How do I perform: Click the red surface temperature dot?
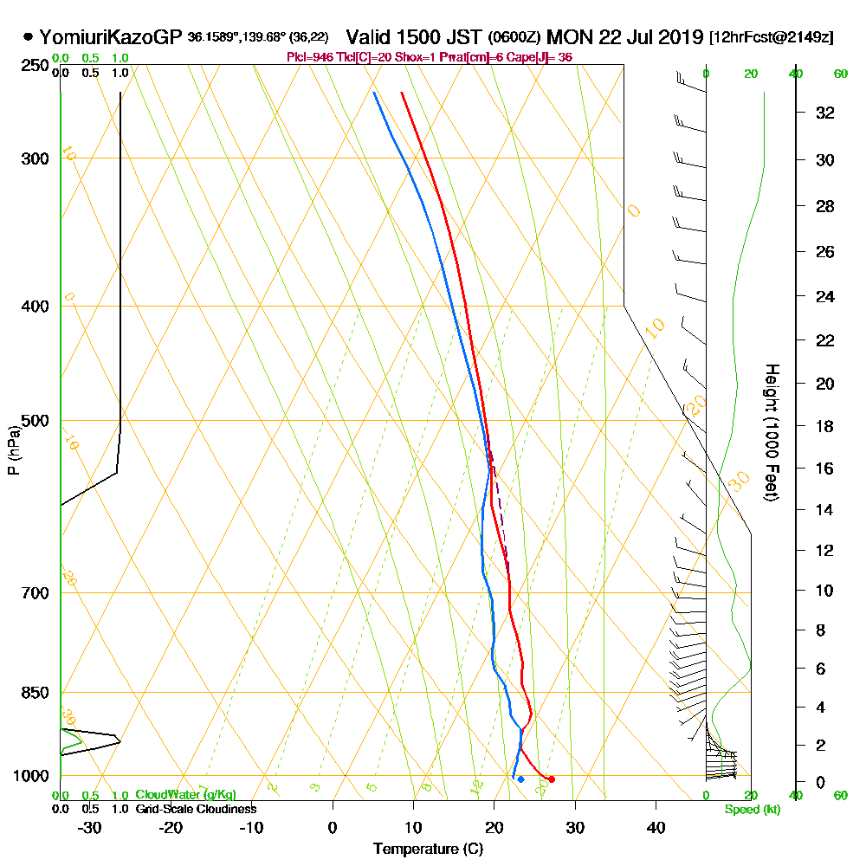552,779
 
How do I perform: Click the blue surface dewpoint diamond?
520,779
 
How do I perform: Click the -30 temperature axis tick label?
90,828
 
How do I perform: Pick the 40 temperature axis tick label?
656,828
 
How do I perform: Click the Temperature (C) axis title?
428,849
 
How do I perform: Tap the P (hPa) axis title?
13,449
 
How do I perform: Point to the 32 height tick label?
825,113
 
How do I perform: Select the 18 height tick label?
825,426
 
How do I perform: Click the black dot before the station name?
29,37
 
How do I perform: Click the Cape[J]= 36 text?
544,57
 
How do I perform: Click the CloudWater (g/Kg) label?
185,795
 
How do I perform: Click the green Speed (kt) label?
751,809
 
